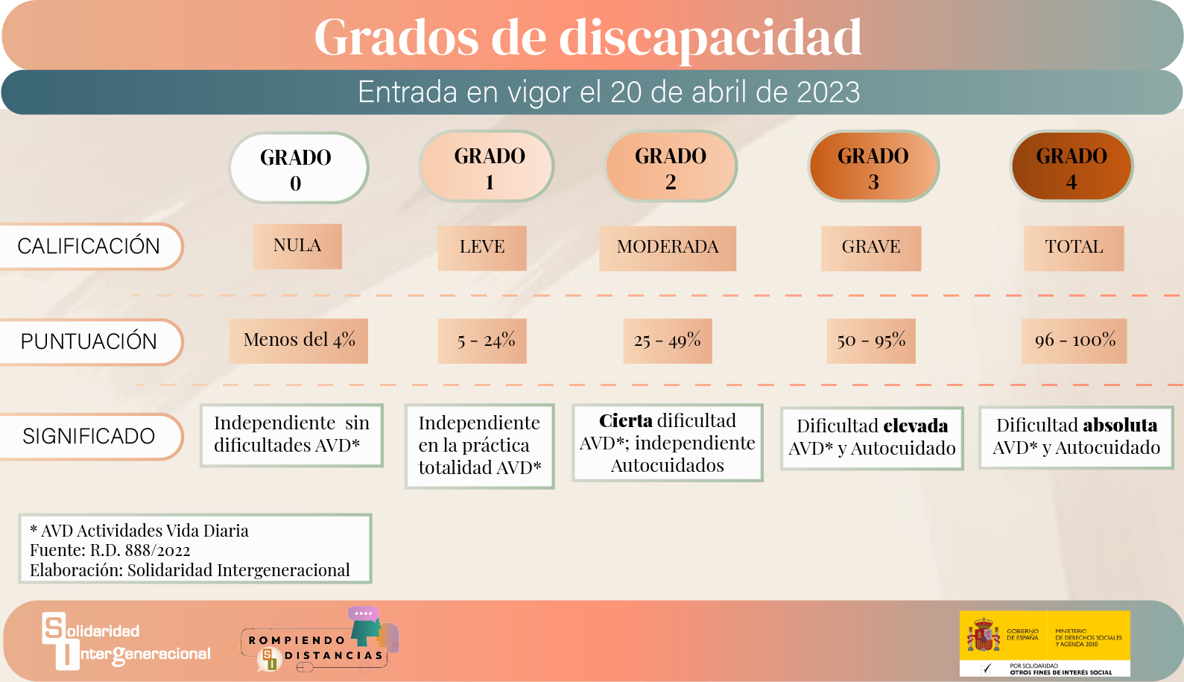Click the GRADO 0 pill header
(x=299, y=168)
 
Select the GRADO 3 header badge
(x=873, y=166)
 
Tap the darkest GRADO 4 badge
(x=1071, y=166)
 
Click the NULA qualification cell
(x=297, y=246)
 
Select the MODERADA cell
(x=668, y=248)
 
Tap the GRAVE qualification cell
(x=871, y=248)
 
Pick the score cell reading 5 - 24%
(x=482, y=341)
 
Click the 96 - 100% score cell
(x=1074, y=341)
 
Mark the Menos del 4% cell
(x=299, y=341)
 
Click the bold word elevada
(x=916, y=426)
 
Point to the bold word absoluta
(x=1120, y=425)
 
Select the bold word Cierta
(x=626, y=421)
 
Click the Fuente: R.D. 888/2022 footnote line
(x=110, y=550)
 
